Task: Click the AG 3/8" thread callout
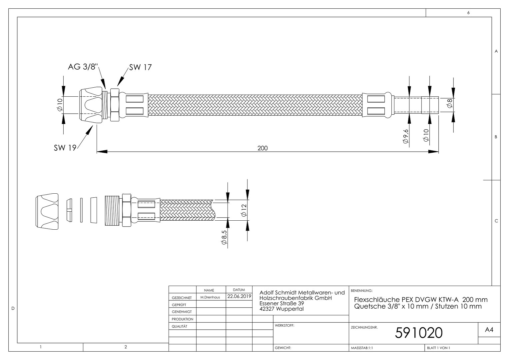83,67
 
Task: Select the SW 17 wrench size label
141,67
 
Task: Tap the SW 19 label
65,148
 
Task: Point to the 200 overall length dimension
262,148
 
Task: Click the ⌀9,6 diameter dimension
406,136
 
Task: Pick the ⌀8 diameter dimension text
449,103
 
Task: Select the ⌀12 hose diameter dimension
244,210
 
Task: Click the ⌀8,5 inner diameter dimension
224,237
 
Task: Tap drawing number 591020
419,333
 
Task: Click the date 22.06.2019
239,296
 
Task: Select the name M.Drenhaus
210,297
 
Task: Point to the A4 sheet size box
489,330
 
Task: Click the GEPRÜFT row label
179,305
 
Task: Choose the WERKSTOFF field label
284,325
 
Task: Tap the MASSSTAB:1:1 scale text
362,348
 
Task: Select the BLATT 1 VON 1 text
439,348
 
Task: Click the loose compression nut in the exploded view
47,211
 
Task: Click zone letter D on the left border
13,308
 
